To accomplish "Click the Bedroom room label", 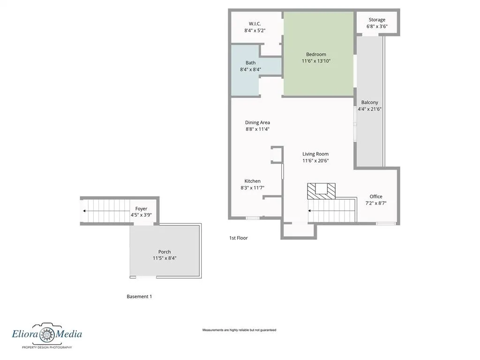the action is coord(316,54).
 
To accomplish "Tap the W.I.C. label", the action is coord(255,23).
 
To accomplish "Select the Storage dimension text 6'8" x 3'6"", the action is coord(377,26).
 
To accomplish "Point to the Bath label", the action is coord(250,63).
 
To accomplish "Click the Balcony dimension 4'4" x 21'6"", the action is coord(369,109).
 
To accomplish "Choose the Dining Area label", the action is coord(257,122).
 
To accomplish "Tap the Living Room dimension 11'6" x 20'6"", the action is coord(315,161).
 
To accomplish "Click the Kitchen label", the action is coord(253,181).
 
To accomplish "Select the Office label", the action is coord(376,196).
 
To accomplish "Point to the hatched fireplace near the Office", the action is coord(322,191).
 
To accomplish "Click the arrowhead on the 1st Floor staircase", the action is coord(309,210).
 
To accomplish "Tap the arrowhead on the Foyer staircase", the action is coord(84,211).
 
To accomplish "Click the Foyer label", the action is coord(141,209).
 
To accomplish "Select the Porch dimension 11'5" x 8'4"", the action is coord(165,258).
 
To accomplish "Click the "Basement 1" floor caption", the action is coord(139,296).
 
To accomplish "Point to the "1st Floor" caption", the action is coord(239,238).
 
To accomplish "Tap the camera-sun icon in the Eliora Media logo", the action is coord(47,333).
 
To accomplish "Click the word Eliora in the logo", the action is coord(25,334).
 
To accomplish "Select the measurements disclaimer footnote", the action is coord(239,330).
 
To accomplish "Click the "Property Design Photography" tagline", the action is coord(47,347).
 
